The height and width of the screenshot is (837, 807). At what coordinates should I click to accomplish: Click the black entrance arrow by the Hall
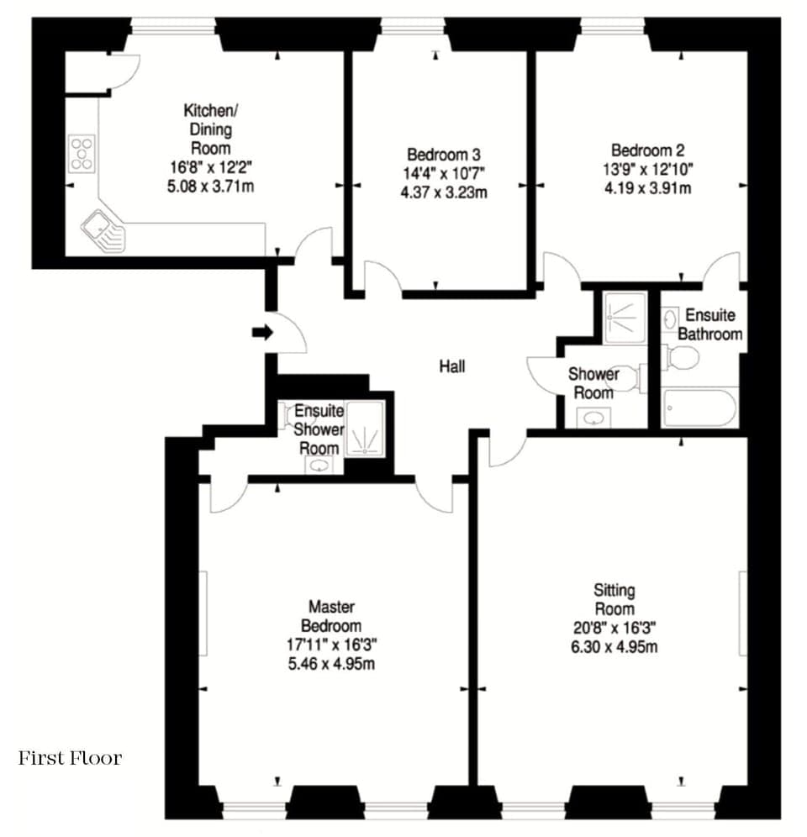(262, 333)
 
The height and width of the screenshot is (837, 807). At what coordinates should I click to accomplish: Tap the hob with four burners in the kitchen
(82, 154)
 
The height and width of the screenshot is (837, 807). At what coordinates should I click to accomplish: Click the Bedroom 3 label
(443, 155)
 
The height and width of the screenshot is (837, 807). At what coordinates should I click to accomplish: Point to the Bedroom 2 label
(647, 151)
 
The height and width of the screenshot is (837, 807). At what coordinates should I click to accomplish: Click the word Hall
(451, 366)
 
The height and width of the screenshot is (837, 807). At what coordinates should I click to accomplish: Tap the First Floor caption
(70, 758)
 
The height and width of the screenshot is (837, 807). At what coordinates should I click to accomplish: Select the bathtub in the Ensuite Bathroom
(699, 408)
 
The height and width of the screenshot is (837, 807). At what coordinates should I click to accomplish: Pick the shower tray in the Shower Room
(625, 317)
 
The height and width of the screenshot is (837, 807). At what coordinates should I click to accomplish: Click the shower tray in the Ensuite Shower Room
(365, 429)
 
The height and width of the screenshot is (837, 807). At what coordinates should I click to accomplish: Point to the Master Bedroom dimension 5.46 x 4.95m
(335, 664)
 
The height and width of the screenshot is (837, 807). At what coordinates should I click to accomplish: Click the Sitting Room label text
(613, 599)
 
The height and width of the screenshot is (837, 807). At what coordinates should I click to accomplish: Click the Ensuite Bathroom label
(710, 324)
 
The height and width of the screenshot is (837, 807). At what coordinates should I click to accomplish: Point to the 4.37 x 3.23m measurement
(444, 192)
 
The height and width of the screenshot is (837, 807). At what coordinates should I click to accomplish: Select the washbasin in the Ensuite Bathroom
(671, 318)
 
